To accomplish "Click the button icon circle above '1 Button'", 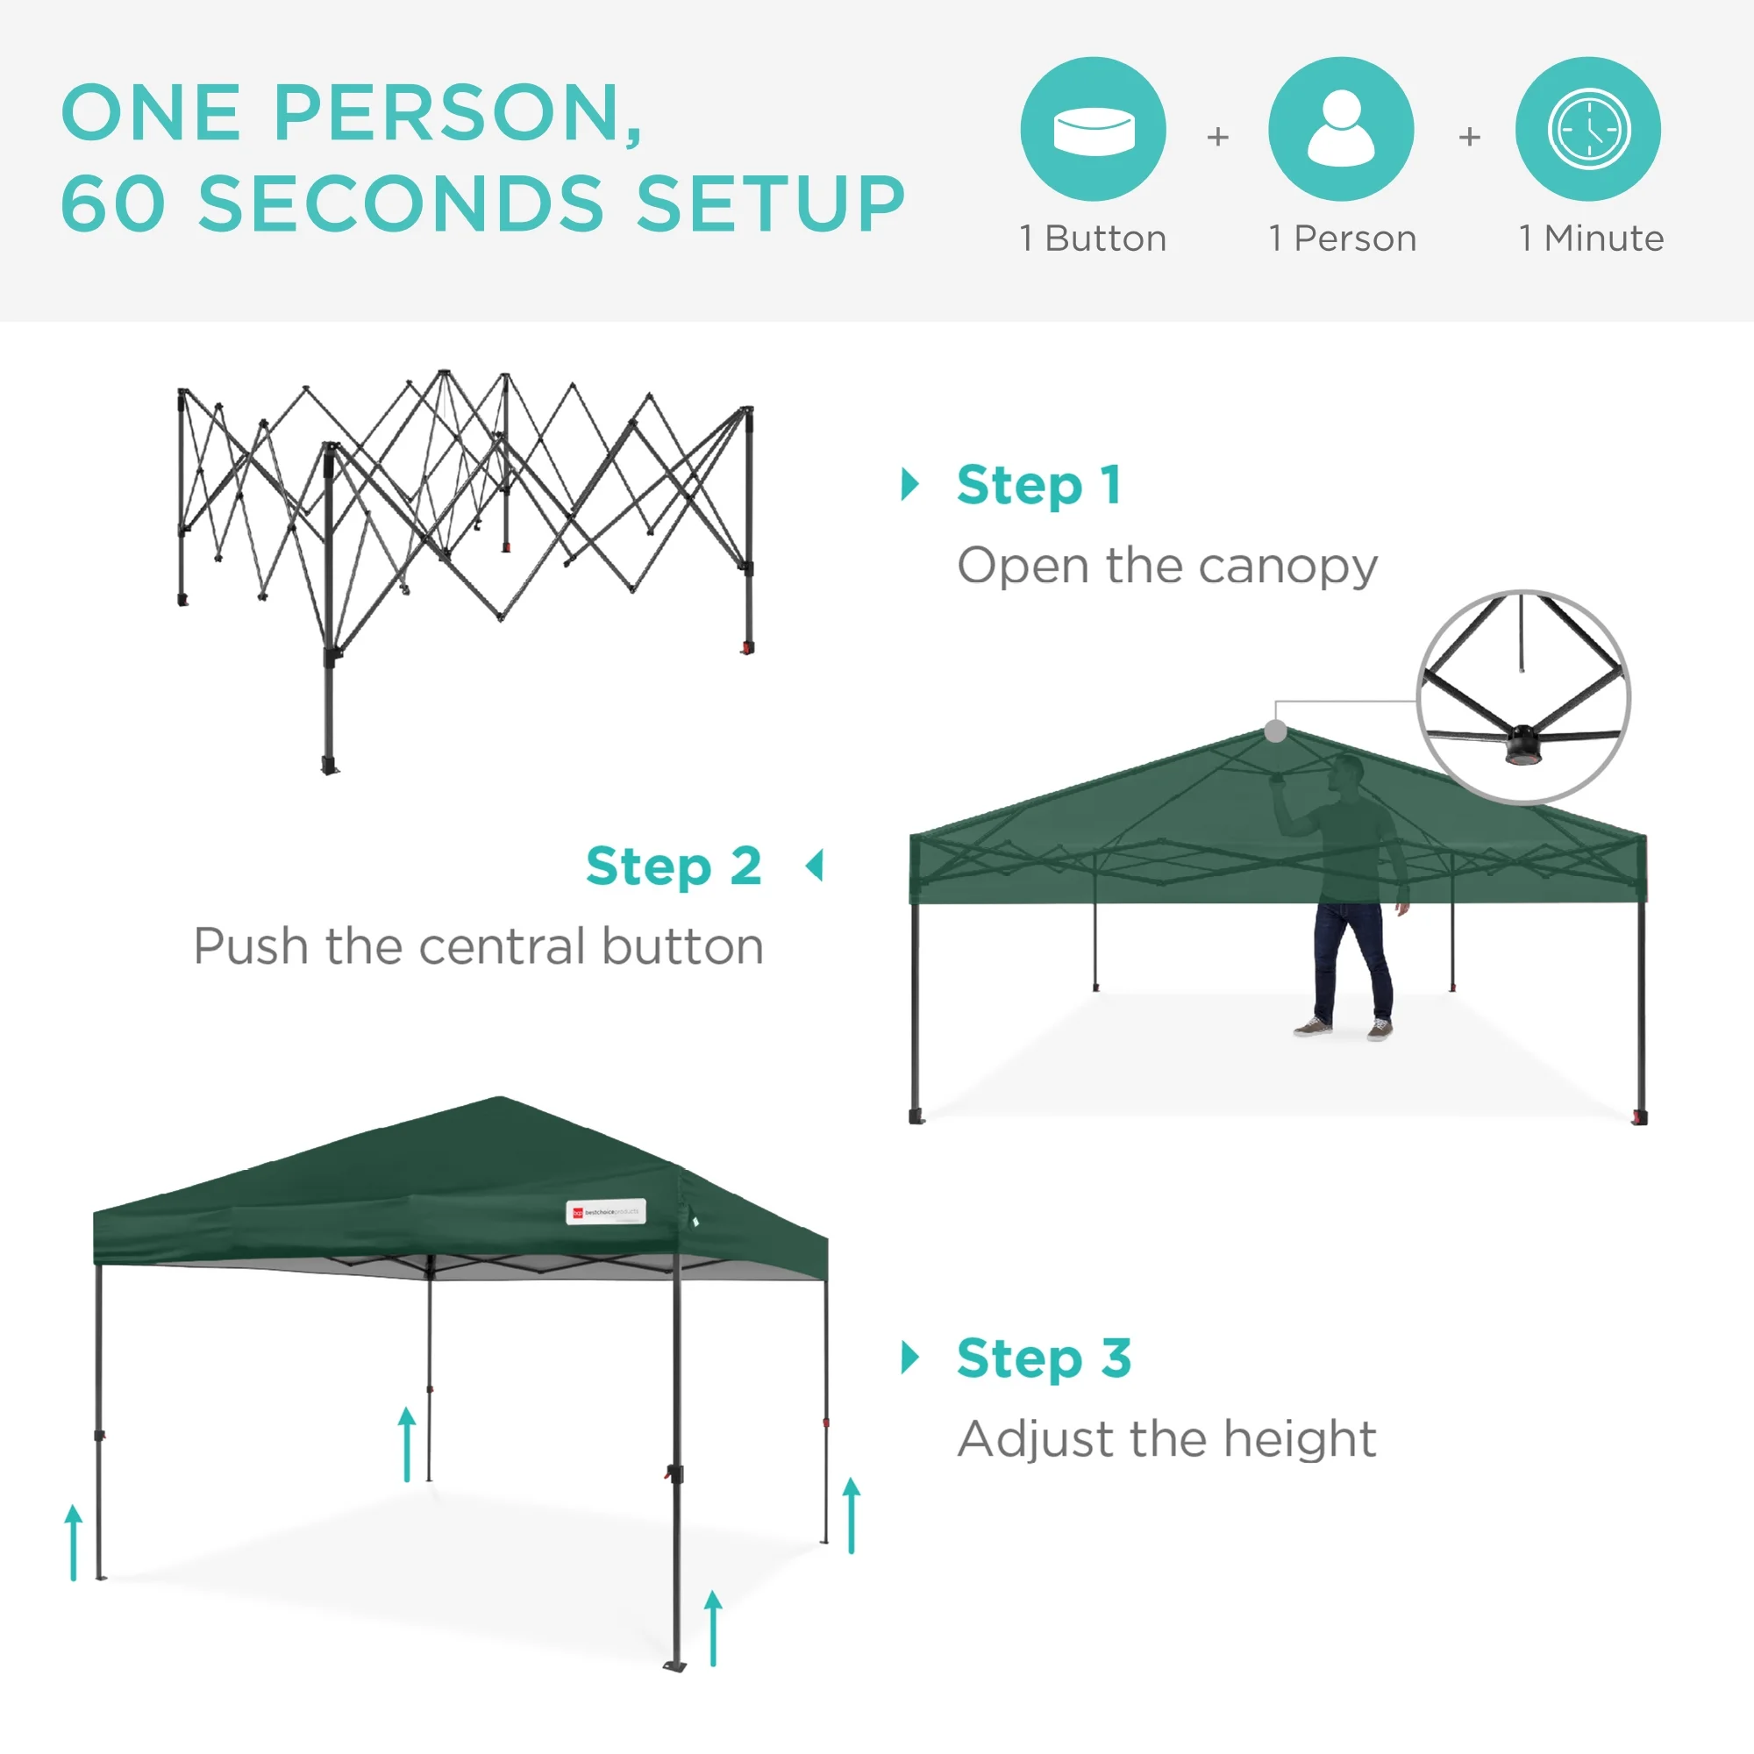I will tap(1093, 129).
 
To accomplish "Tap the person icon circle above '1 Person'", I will tap(1341, 129).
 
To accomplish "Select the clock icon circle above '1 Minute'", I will tap(1588, 129).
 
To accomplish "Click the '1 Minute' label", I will tap(1591, 239).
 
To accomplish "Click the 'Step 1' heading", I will tap(1038, 485).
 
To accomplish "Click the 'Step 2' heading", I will tap(673, 866).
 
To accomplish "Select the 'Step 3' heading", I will tap(1043, 1358).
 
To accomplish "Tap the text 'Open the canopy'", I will tap(1167, 567).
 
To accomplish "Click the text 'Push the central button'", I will tap(479, 947).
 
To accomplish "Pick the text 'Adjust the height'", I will tap(1166, 1439).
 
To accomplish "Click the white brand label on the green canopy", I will tap(605, 1212).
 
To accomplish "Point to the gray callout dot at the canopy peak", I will tap(1275, 731).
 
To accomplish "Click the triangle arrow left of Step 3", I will tap(909, 1358).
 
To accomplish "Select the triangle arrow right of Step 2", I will tap(816, 866).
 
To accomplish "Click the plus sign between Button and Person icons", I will tap(1217, 137).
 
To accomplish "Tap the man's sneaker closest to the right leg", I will tap(1379, 1030).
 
